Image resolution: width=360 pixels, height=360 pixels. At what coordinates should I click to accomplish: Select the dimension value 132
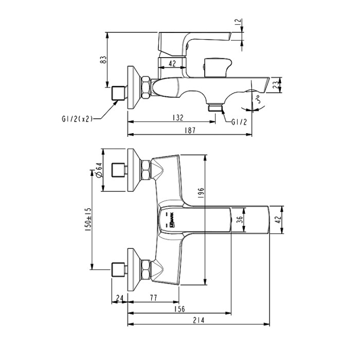[177, 118]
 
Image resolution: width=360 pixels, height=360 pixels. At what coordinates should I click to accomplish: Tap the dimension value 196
[202, 192]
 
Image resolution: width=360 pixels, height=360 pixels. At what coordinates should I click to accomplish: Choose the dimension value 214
[199, 320]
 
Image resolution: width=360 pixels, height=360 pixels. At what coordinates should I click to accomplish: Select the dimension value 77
[153, 297]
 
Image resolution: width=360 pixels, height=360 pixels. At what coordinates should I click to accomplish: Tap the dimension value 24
[119, 297]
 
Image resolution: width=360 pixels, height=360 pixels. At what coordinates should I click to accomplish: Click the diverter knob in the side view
[215, 67]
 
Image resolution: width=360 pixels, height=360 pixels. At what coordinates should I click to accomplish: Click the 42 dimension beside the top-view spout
[277, 220]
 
